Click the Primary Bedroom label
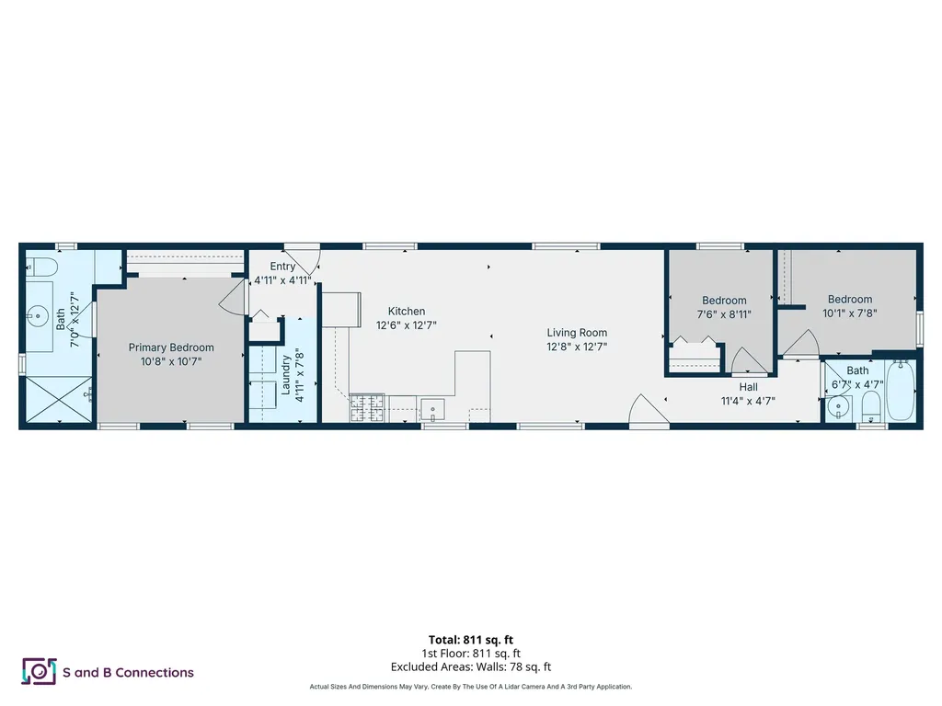click(x=171, y=347)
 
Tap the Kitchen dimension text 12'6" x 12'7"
click(x=406, y=325)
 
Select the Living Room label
click(x=577, y=333)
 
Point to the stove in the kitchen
click(x=366, y=407)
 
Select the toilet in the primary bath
click(x=42, y=268)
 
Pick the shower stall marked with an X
click(x=57, y=400)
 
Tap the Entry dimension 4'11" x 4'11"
click(x=283, y=280)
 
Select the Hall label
click(x=748, y=387)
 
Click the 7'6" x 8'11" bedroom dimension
click(x=724, y=313)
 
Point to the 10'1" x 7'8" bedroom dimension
click(x=849, y=312)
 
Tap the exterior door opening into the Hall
click(x=644, y=411)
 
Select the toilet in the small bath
click(x=871, y=406)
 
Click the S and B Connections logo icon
click(x=39, y=672)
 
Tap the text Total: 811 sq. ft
click(x=470, y=640)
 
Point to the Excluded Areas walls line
click(x=470, y=666)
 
